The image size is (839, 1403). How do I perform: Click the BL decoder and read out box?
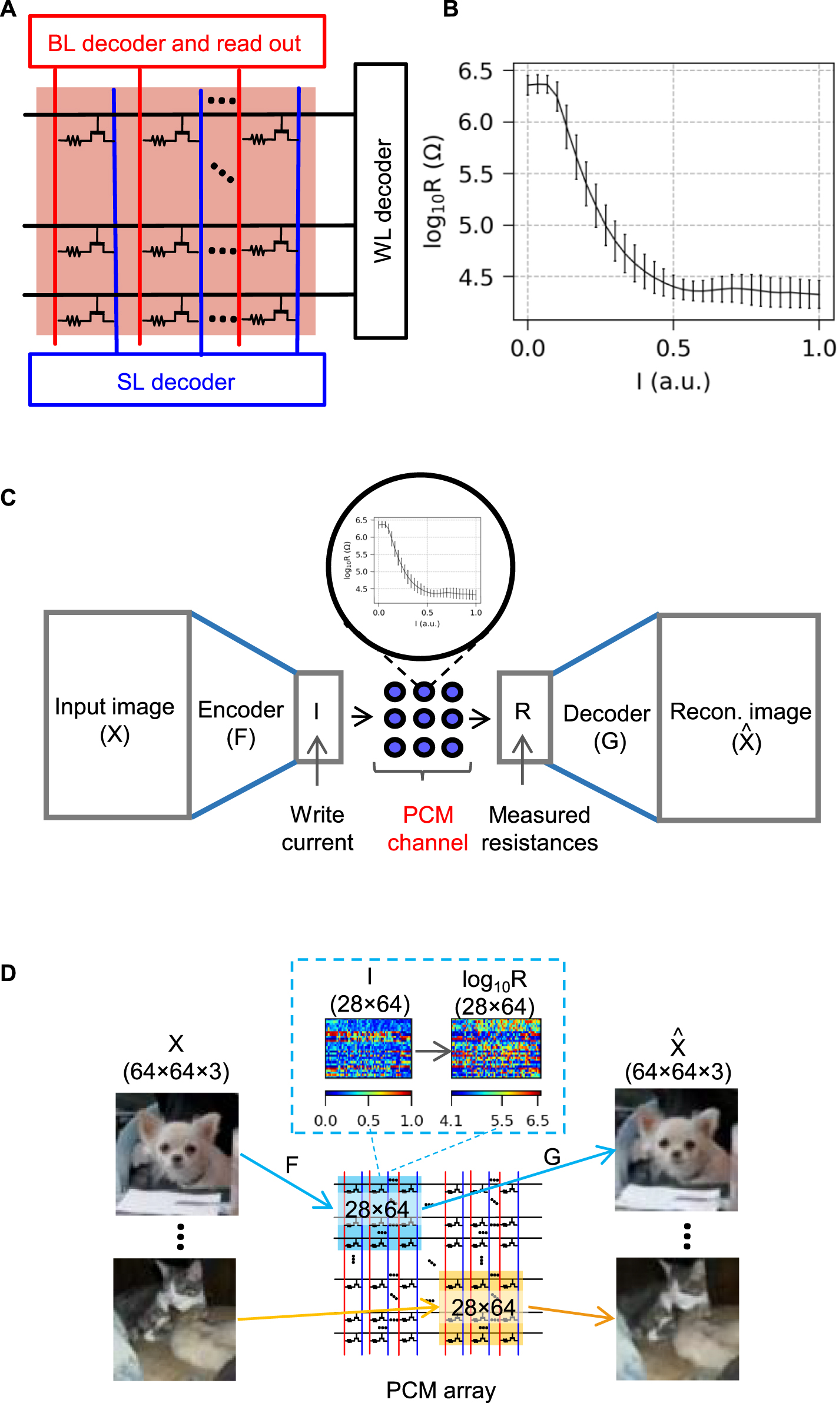point(177,42)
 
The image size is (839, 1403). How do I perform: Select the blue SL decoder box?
point(177,380)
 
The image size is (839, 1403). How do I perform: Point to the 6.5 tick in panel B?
point(475,71)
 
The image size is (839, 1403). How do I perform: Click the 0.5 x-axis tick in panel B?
point(673,348)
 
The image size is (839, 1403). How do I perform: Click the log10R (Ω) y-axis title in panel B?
point(433,192)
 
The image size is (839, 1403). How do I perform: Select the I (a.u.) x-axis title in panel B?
point(673,382)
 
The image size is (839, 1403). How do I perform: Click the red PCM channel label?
point(428,829)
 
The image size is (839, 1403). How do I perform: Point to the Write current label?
point(317,829)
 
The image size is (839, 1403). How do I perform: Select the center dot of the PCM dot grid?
point(423,719)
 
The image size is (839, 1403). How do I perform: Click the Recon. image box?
point(739,718)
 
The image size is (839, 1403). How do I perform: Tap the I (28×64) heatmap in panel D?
point(369,1048)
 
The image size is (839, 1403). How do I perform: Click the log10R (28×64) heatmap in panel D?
point(496,1048)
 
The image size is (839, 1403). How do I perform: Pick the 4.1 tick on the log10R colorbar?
point(451,1121)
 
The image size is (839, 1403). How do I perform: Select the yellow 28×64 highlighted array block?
point(481,1308)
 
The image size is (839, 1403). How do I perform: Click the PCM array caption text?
point(440,1390)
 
